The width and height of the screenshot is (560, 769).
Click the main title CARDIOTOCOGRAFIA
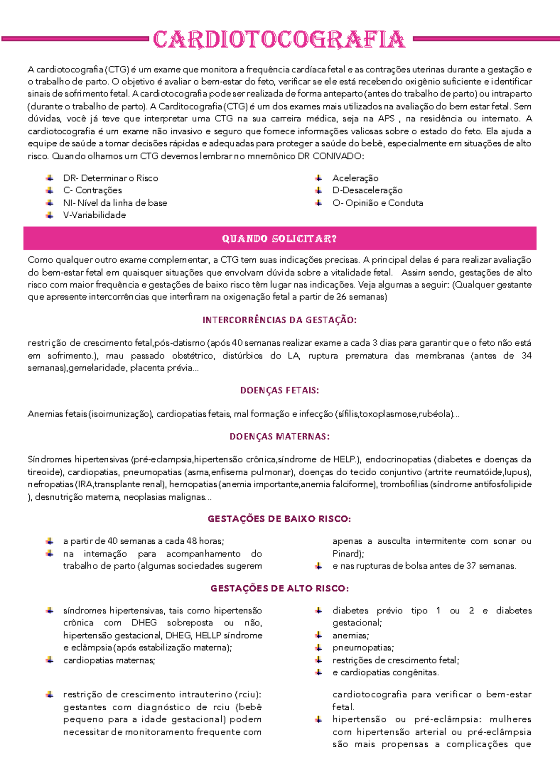point(279,40)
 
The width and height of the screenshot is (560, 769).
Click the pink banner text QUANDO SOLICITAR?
point(279,239)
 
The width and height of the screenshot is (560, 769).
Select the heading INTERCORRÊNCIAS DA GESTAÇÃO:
point(279,320)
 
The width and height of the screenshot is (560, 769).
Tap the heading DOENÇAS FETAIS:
point(279,390)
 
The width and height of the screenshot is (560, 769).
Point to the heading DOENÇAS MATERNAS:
point(279,436)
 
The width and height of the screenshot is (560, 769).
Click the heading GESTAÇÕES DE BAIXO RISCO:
point(279,519)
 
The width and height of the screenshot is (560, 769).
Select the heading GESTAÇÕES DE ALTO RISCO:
point(279,588)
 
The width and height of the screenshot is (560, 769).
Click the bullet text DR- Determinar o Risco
point(111,178)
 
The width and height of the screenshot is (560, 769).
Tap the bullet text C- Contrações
point(92,190)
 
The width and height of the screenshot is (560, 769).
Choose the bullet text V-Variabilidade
point(94,215)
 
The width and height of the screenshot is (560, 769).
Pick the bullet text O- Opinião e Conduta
point(378,203)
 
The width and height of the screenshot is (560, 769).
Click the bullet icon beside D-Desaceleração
point(318,190)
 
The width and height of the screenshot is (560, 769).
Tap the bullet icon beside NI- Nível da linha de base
point(49,203)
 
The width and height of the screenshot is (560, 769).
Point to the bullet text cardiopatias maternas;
point(109,660)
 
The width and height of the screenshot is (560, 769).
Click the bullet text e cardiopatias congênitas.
point(385,672)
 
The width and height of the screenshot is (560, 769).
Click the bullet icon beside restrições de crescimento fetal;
point(318,660)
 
